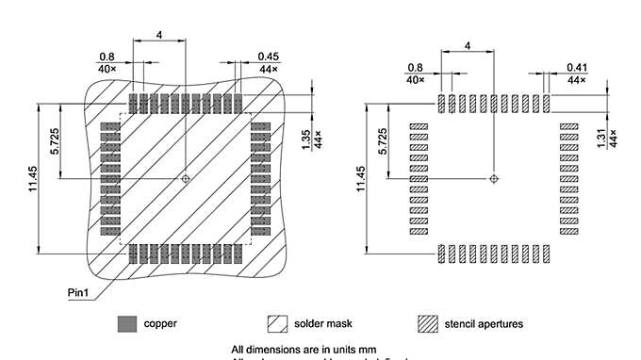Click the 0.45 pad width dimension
pos(266,57)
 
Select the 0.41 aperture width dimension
pos(577,67)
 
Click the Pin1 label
pos(80,291)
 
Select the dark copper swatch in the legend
pos(126,323)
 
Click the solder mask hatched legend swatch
pos(277,323)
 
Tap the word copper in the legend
pos(160,323)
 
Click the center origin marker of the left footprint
pos(187,177)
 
